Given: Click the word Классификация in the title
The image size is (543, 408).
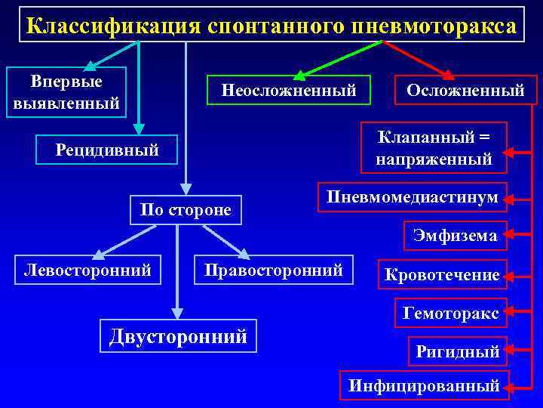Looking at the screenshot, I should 111,26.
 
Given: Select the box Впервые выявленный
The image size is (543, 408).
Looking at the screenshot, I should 66,92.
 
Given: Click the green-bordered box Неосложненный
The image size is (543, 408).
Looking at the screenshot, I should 289,90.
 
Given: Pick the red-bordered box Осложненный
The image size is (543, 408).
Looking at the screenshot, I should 465,90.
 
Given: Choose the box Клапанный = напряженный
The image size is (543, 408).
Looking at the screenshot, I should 434,148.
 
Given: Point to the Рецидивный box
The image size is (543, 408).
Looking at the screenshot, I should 107,150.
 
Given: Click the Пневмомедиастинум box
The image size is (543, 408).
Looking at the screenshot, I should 412,197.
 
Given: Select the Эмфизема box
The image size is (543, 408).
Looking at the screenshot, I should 455,235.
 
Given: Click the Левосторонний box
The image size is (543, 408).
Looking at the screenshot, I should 87,270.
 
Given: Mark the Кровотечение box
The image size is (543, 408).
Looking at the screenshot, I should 442,275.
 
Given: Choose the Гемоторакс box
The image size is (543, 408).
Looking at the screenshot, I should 451,313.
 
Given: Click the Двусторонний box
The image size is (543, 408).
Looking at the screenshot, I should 178,335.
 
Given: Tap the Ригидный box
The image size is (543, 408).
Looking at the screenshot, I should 458,351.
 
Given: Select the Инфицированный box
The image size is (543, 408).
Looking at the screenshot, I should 424,385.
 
